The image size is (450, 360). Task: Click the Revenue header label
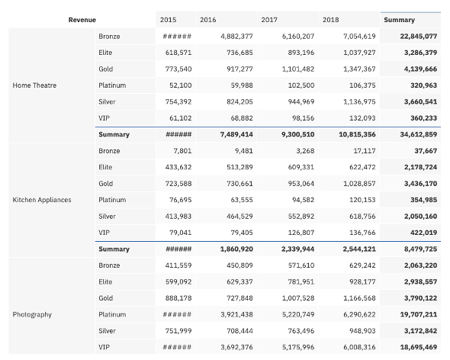(82, 20)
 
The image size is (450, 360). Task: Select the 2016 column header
(207, 20)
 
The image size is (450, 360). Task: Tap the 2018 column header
(330, 20)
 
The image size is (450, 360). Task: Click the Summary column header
(399, 20)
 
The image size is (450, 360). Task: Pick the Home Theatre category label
(34, 85)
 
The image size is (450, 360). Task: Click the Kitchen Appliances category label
(42, 200)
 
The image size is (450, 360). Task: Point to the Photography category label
(32, 315)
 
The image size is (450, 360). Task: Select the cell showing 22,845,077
(419, 36)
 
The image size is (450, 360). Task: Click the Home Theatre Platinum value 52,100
(180, 85)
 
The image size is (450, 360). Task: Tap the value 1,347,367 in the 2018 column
(359, 69)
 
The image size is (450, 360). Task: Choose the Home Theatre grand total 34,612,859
(419, 134)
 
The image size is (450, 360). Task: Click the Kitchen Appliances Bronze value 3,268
(305, 151)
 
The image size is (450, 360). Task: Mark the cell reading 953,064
(301, 184)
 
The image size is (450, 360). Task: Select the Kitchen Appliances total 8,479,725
(420, 249)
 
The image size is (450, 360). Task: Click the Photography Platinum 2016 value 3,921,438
(236, 314)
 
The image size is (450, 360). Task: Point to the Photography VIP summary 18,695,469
(419, 347)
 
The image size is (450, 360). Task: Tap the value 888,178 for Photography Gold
(178, 298)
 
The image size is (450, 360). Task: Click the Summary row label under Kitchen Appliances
(114, 249)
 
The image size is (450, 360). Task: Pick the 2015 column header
(168, 20)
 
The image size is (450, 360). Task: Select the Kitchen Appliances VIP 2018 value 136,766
(362, 233)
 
